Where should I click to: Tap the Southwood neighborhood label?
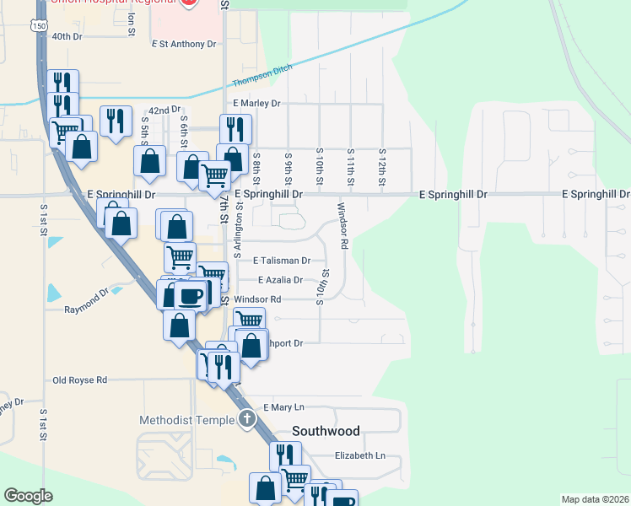pos(326,431)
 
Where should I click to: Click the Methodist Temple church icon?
pos(246,418)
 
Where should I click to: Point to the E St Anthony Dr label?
pos(185,43)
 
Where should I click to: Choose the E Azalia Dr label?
pos(280,280)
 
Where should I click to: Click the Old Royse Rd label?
pos(79,380)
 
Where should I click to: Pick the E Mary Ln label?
pos(283,407)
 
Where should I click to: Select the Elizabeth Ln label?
pos(359,456)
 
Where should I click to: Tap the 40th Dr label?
pos(67,37)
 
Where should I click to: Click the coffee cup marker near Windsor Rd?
pos(191,295)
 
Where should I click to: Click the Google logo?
pos(29,496)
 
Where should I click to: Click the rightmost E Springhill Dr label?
pos(596,195)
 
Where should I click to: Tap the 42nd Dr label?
pos(164,110)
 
